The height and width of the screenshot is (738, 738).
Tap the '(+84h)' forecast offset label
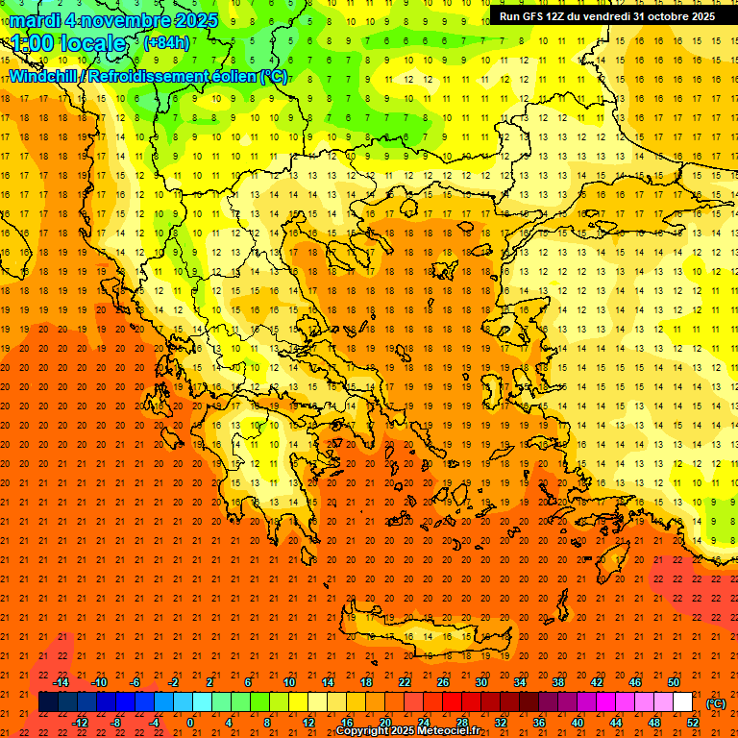click(x=165, y=43)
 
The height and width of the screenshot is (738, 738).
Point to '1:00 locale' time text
click(x=67, y=43)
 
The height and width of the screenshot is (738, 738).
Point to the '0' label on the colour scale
click(x=191, y=723)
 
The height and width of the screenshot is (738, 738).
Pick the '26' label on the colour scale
click(x=443, y=681)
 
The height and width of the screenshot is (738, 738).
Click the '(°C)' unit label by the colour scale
click(x=716, y=703)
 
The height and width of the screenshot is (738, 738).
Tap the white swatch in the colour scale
click(x=682, y=702)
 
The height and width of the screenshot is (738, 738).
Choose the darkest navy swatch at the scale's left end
click(x=48, y=702)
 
